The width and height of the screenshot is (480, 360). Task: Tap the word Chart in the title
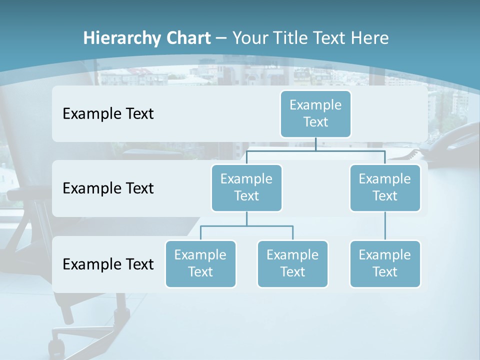pyautogui.click(x=187, y=38)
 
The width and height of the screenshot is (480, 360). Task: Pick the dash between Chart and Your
pyautogui.click(x=221, y=38)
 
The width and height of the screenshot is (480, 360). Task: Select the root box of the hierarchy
pyautogui.click(x=315, y=113)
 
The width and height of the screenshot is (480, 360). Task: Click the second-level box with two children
pyautogui.click(x=246, y=187)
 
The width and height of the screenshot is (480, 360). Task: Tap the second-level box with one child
pyautogui.click(x=385, y=187)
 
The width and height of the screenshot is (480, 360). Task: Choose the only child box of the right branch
pyautogui.click(x=385, y=263)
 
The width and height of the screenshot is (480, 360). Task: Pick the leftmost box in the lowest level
pyautogui.click(x=200, y=263)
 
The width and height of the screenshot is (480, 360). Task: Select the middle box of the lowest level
pyautogui.click(x=292, y=263)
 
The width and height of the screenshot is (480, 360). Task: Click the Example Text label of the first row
pyautogui.click(x=108, y=113)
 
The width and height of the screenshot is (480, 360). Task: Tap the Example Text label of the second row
pyautogui.click(x=108, y=188)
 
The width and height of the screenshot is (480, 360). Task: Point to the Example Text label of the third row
pyautogui.click(x=108, y=264)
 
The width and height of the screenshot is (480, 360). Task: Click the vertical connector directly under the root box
pyautogui.click(x=315, y=144)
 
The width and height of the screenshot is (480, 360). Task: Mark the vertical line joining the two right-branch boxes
pyautogui.click(x=385, y=226)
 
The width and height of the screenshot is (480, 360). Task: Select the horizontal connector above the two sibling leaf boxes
pyautogui.click(x=246, y=226)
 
